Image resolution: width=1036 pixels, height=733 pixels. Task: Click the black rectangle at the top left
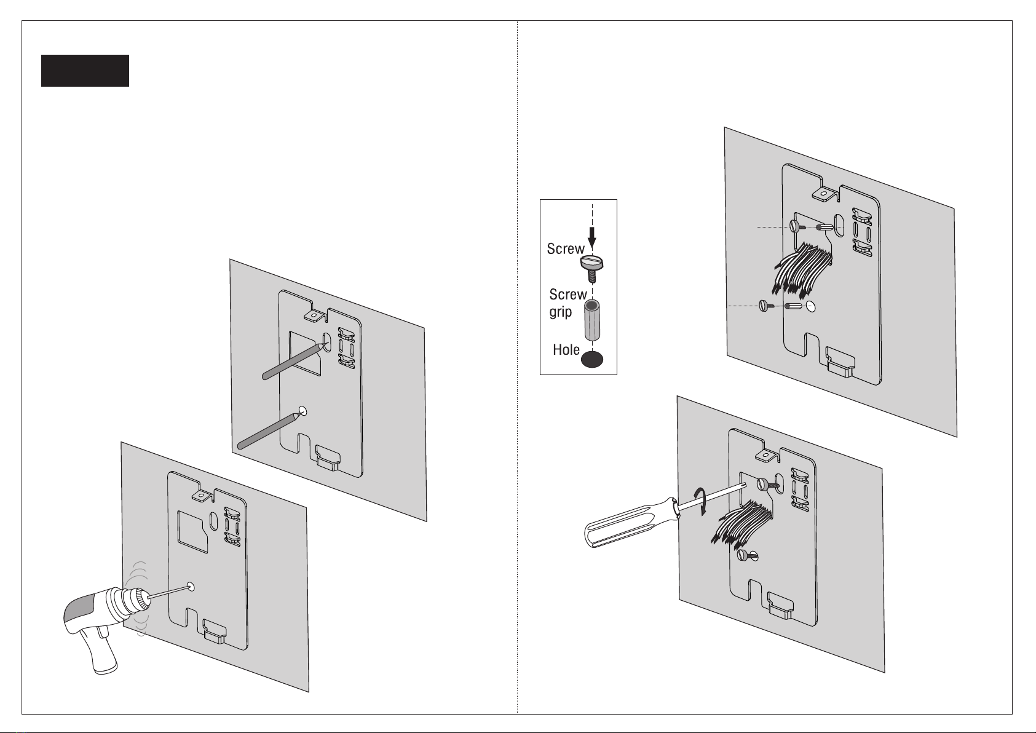tap(85, 71)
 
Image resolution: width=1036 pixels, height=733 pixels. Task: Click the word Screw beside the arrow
tap(565, 248)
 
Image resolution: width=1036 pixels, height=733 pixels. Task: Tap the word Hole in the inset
tap(566, 350)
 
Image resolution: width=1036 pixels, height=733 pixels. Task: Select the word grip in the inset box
tap(560, 312)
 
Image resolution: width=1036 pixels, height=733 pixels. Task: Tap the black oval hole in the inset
tap(592, 360)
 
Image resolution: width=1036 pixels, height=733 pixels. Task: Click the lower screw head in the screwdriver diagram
tap(743, 556)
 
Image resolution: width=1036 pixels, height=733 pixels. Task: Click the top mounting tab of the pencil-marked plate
tap(313, 315)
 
